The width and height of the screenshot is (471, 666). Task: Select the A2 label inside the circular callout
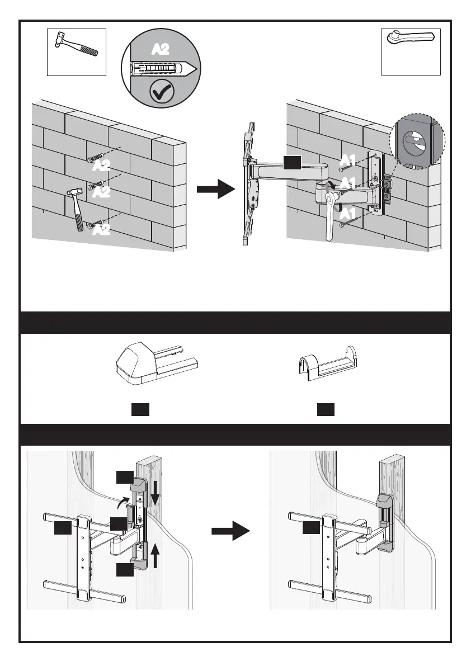click(x=161, y=50)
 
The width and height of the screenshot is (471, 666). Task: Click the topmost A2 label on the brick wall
click(x=101, y=166)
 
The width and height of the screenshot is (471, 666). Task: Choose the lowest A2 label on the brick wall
click(x=101, y=230)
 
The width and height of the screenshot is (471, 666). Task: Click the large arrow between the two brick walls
click(x=216, y=188)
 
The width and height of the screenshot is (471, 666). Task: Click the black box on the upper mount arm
click(x=292, y=162)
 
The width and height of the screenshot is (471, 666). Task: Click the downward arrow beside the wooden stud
click(x=155, y=491)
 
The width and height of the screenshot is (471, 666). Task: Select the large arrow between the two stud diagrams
click(x=231, y=531)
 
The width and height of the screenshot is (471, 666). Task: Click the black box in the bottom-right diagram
click(x=312, y=528)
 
